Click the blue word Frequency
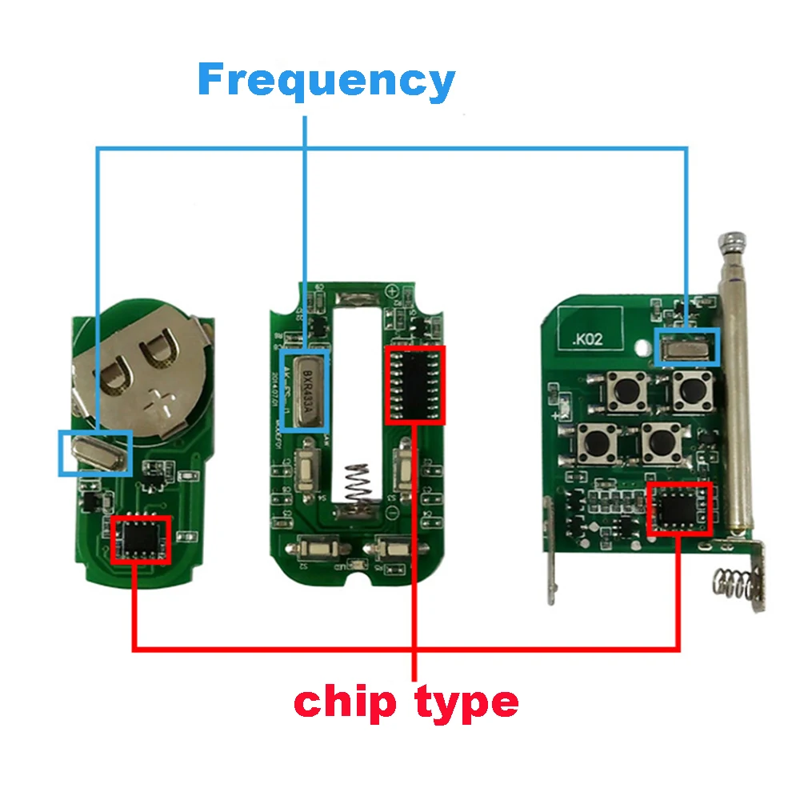coord(326,81)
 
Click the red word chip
coord(344,702)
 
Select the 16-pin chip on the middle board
coord(415,385)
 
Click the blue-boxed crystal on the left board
coord(95,454)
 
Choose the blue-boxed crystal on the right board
coord(687,346)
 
